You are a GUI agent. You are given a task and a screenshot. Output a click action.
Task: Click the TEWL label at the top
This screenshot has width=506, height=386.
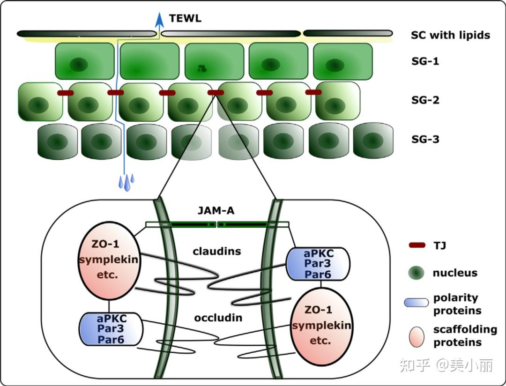(x=185, y=18)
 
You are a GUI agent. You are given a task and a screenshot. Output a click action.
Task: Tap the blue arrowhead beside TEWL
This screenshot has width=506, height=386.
(x=160, y=19)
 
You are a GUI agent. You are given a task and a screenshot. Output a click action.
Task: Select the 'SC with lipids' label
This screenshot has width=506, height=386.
(x=450, y=35)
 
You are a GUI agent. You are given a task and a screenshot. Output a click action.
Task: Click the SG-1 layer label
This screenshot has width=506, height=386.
(x=425, y=61)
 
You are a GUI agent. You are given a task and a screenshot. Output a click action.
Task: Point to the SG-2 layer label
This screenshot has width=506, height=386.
(x=425, y=100)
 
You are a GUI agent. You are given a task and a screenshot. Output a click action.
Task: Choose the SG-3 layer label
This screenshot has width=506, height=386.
(x=425, y=139)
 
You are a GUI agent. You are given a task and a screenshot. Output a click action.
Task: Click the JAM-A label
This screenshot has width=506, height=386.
(x=216, y=211)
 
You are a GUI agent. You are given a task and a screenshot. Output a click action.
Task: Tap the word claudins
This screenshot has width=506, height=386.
(x=217, y=252)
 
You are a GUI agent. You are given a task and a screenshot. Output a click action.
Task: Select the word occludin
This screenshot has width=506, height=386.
(x=218, y=318)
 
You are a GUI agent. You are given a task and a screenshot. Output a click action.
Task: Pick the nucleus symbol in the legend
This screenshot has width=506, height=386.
(x=416, y=273)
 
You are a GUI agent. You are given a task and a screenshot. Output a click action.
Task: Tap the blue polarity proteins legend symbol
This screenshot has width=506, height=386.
(x=416, y=303)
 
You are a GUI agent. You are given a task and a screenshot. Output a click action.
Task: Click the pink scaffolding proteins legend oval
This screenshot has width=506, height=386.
(x=416, y=335)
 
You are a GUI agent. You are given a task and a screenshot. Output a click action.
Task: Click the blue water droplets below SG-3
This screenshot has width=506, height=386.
(x=126, y=182)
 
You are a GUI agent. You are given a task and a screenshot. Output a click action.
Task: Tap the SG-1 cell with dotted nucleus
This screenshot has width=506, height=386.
(x=214, y=61)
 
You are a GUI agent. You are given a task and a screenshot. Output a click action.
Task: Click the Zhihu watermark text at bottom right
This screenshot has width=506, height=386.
(x=446, y=365)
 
